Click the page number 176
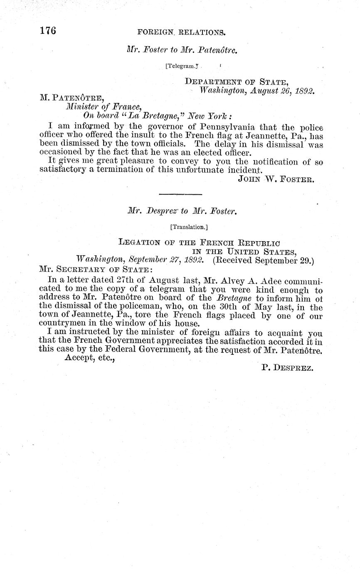[x=48, y=31]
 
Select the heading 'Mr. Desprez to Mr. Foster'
[x=182, y=211]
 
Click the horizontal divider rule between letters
[x=180, y=194]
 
